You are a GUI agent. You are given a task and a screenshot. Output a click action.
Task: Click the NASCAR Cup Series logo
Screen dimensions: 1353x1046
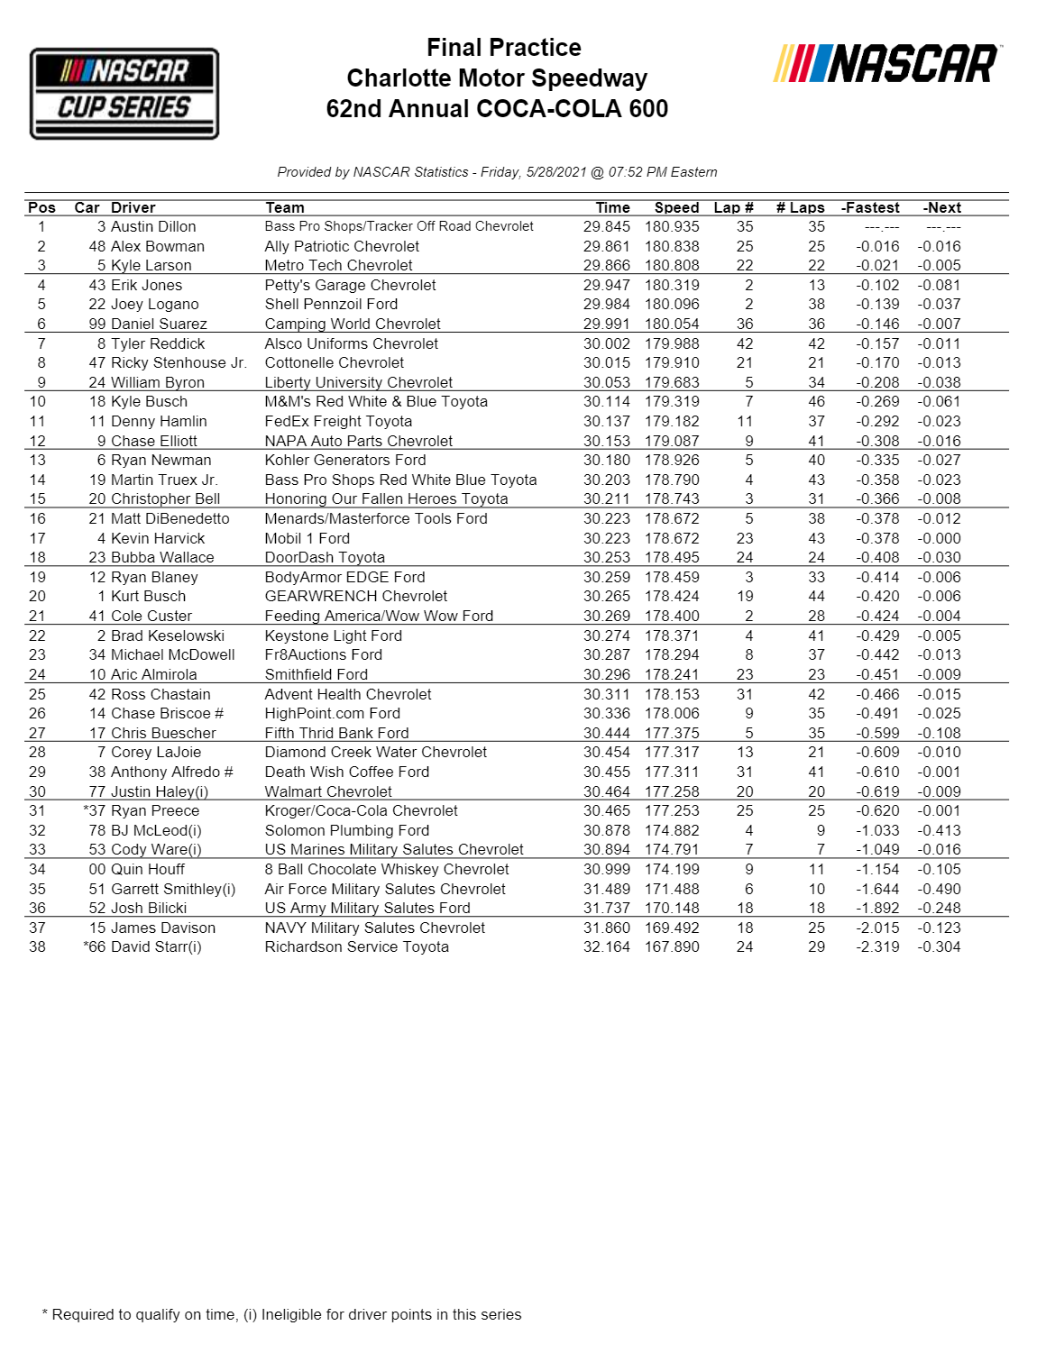124,94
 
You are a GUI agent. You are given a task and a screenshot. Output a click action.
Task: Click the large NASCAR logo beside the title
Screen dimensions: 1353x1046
886,64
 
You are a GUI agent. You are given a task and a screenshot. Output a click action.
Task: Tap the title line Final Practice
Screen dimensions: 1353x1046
503,48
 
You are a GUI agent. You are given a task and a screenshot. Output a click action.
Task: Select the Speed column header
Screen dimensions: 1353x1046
676,207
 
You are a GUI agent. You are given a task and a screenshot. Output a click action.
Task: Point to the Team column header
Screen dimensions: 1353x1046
285,207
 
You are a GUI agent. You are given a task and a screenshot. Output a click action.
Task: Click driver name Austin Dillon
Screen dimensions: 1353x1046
153,227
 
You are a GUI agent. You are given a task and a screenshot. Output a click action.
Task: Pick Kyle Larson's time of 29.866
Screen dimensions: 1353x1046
606,266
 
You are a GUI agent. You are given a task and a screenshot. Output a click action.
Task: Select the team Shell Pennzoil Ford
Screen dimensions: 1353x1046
331,305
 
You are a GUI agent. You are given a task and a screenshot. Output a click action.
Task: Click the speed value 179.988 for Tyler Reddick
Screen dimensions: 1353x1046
672,343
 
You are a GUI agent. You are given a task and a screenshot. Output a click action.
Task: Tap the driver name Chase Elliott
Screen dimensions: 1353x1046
154,441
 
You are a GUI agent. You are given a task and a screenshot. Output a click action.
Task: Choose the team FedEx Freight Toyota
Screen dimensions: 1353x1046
338,421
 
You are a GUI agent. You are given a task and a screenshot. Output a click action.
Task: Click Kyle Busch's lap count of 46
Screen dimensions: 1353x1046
816,402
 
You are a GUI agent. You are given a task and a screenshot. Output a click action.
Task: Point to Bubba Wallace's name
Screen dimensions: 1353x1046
162,558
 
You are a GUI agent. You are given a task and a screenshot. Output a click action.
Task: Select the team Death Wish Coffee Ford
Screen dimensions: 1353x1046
347,772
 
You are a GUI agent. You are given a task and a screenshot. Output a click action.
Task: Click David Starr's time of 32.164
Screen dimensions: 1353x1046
606,947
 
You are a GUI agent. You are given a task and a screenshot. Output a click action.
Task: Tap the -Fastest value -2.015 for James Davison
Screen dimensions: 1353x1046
877,928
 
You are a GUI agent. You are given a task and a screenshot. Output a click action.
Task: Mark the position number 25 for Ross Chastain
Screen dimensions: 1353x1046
37,695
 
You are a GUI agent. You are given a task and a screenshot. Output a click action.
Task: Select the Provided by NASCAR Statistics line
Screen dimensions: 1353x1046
497,172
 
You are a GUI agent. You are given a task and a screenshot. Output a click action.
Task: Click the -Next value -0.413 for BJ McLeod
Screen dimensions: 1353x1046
939,831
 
